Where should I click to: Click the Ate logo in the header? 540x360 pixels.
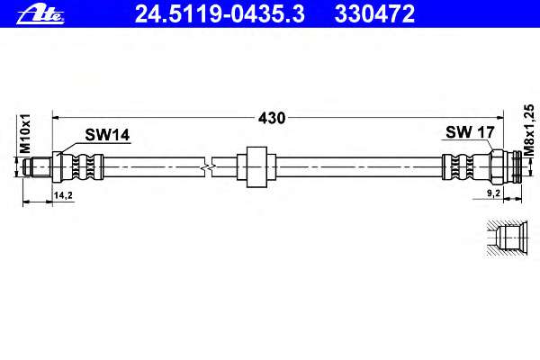tap(40, 14)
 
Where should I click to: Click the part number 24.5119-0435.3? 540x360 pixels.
tap(220, 13)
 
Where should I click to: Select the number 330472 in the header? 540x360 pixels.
tap(374, 13)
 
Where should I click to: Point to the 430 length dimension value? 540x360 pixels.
tap(272, 118)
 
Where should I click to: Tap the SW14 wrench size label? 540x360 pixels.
tap(107, 135)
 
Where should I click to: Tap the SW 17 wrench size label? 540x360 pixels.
tap(470, 132)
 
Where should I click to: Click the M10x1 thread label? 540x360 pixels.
tap(25, 134)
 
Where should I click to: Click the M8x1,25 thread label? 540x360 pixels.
tap(529, 130)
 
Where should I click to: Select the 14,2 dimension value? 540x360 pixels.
tap(63, 195)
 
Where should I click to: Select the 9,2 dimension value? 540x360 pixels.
tap(493, 193)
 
